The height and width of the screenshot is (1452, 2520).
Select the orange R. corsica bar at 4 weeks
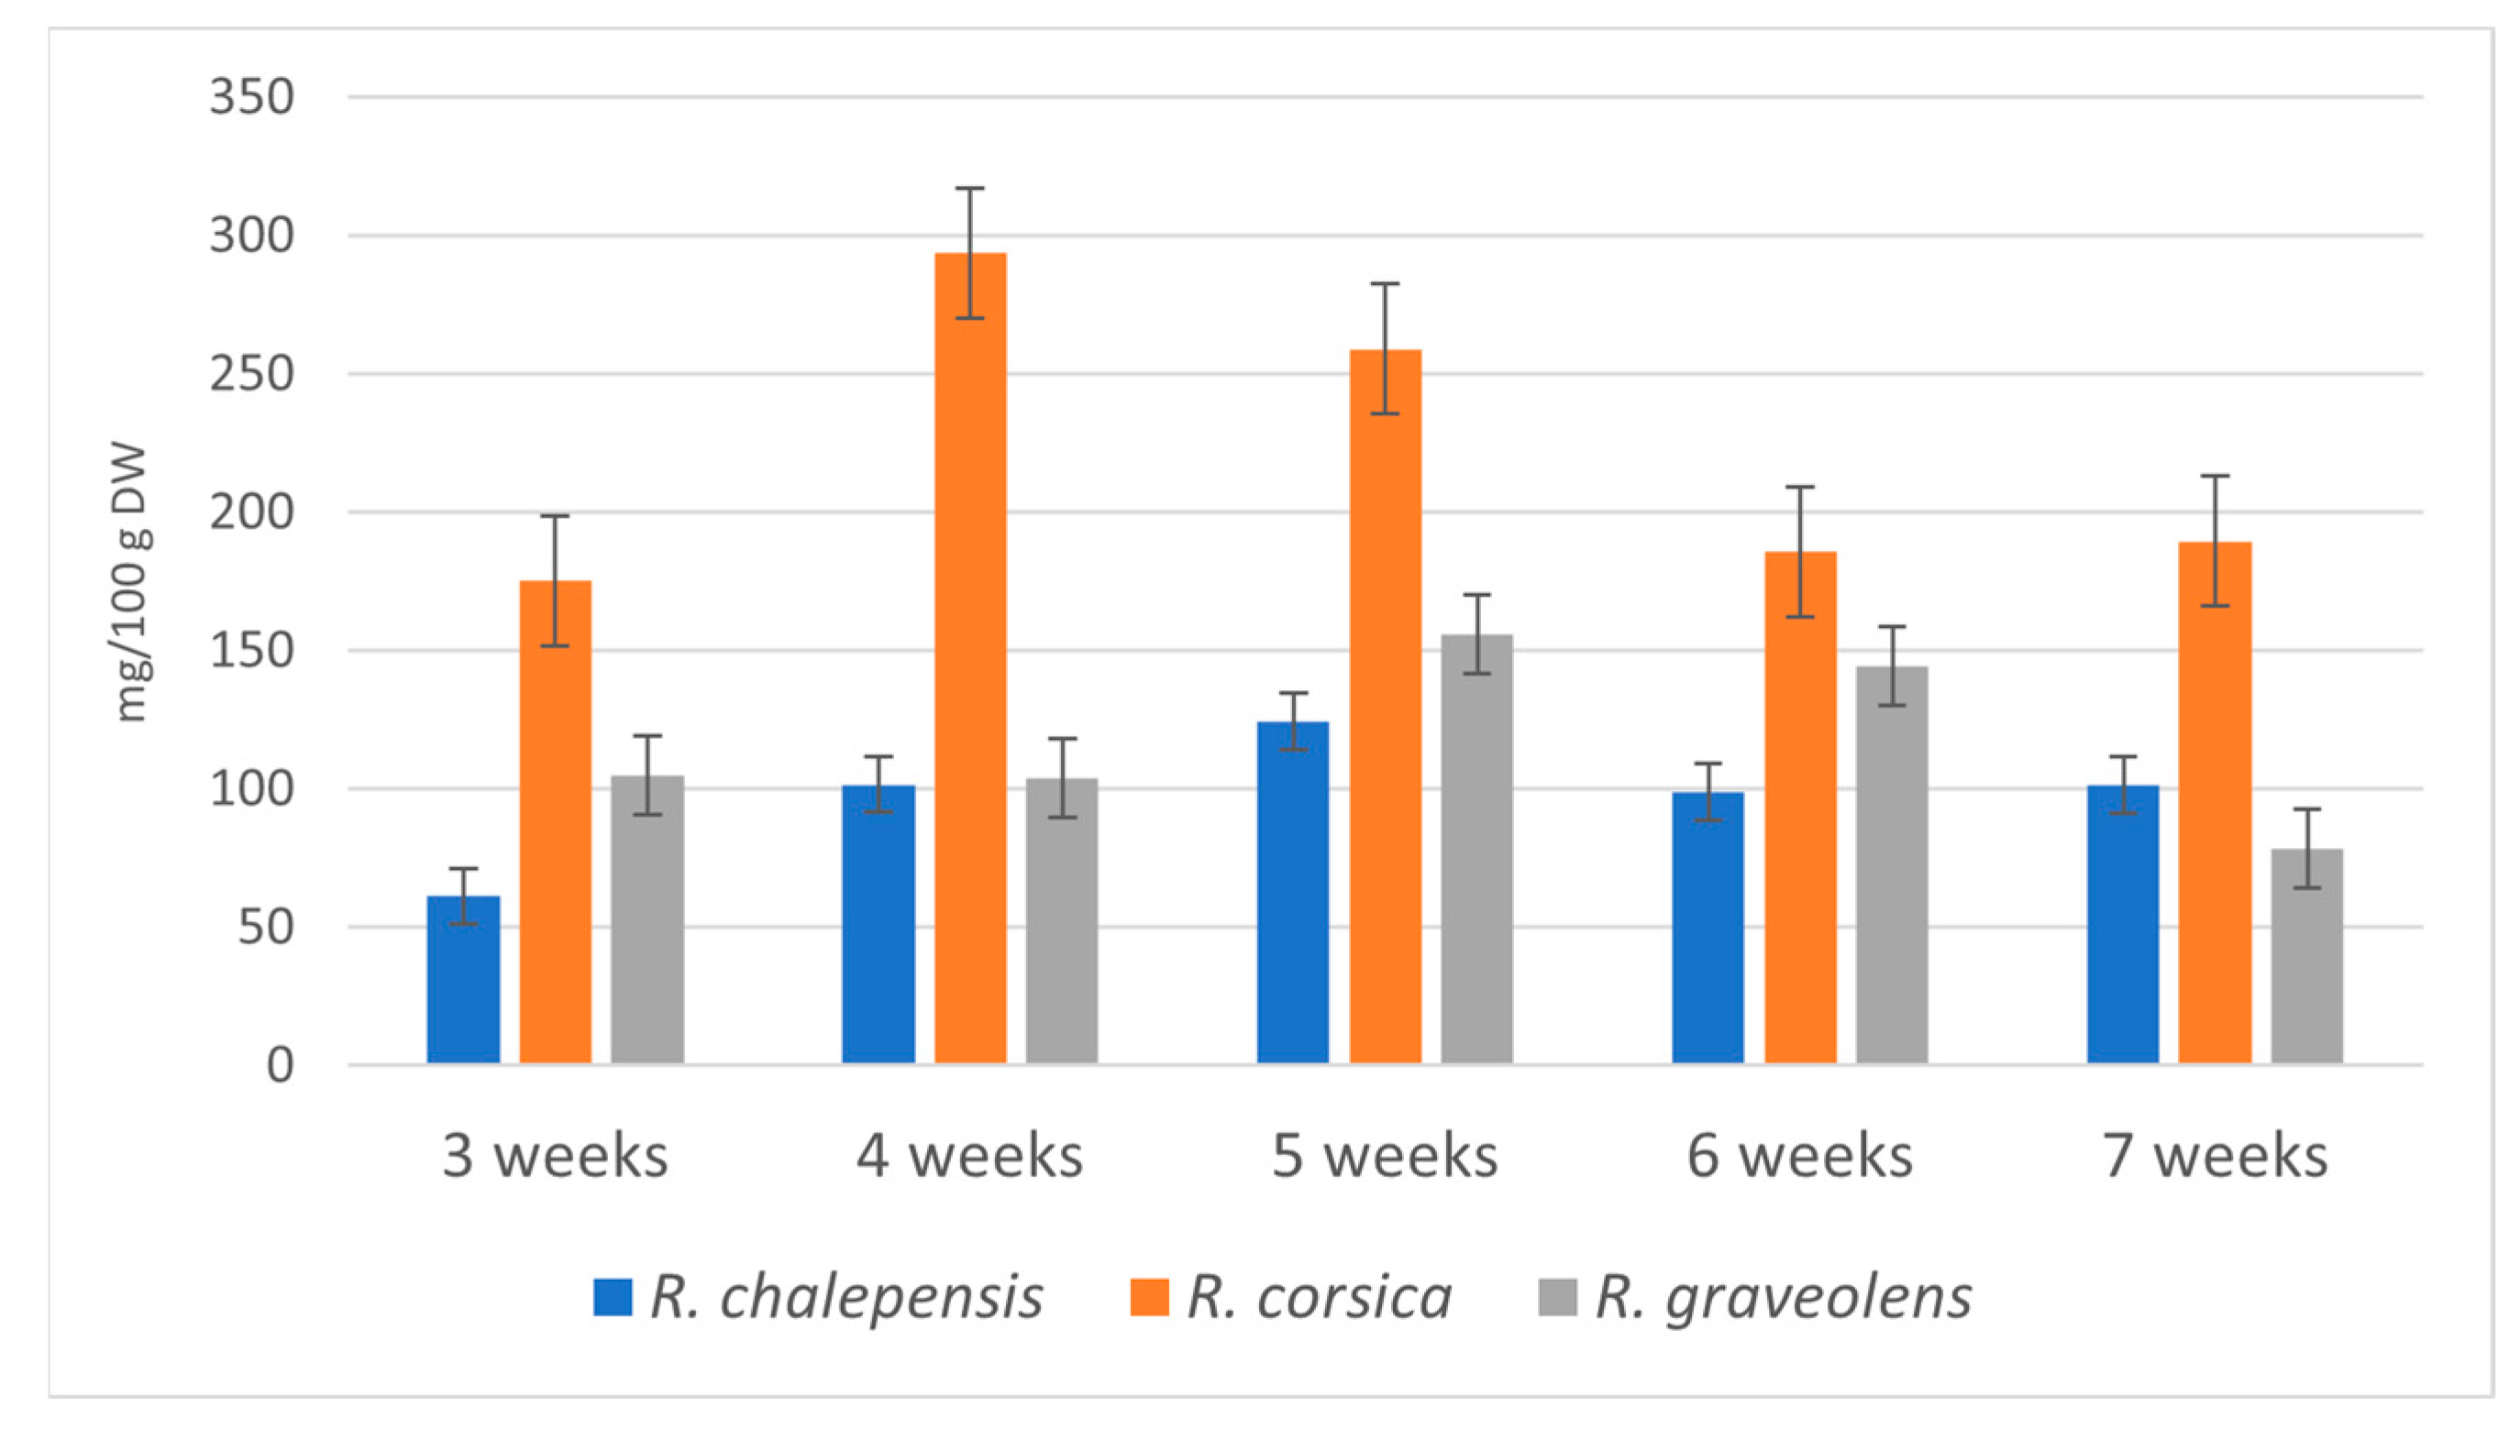pyautogui.click(x=969, y=658)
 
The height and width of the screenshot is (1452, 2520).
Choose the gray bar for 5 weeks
pyautogui.click(x=1476, y=849)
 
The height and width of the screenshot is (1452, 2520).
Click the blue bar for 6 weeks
pyautogui.click(x=1708, y=928)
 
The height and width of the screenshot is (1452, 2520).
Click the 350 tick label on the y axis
pyautogui.click(x=251, y=98)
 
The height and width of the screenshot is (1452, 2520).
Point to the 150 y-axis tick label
pyautogui.click(x=251, y=651)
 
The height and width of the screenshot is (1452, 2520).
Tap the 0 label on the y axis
pyautogui.click(x=281, y=1066)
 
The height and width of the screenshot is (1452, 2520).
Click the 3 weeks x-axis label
pyautogui.click(x=555, y=1157)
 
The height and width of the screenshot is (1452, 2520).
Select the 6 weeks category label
pyautogui.click(x=1800, y=1157)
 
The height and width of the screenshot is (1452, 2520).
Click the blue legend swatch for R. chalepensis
pyautogui.click(x=613, y=1297)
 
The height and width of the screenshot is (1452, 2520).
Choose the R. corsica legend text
pyautogui.click(x=1319, y=1297)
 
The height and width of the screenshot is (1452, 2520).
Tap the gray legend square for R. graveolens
pyautogui.click(x=1557, y=1297)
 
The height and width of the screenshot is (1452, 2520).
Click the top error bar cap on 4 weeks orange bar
pyautogui.click(x=969, y=189)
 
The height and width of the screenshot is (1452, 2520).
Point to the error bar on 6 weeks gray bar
pyautogui.click(x=1892, y=665)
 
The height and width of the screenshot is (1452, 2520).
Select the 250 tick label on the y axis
pyautogui.click(x=251, y=375)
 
